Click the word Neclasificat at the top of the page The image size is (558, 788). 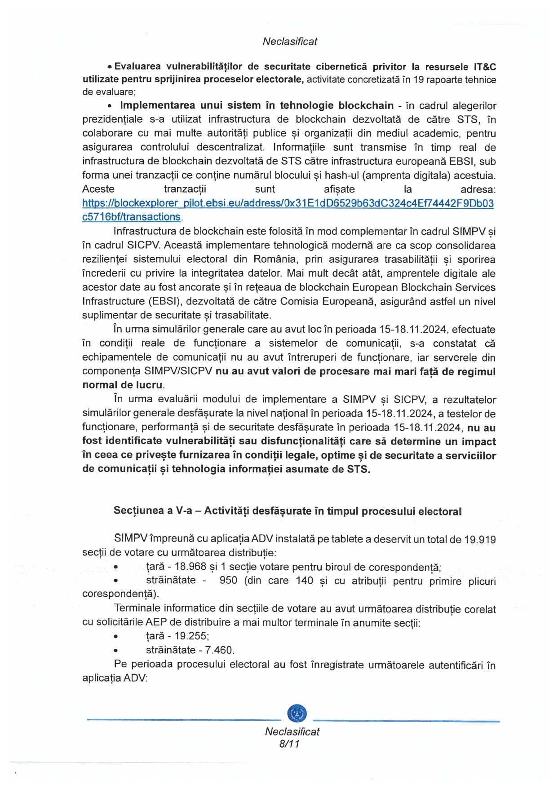click(290, 41)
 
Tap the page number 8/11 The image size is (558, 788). click(289, 744)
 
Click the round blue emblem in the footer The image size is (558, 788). click(297, 713)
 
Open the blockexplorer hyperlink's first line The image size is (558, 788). click(288, 203)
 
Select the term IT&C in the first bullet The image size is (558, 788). click(485, 66)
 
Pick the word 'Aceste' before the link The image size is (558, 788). click(98, 189)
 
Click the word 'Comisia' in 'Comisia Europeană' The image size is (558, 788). click(339, 301)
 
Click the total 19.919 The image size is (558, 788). click(480, 539)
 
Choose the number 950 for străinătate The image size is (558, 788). click(228, 580)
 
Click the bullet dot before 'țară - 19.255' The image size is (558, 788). click(116, 636)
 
